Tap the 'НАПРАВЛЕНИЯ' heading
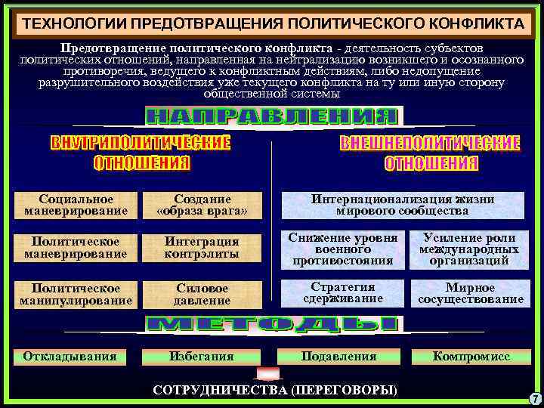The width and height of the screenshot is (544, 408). [271, 116]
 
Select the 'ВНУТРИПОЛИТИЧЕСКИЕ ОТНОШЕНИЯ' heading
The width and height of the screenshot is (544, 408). [141, 153]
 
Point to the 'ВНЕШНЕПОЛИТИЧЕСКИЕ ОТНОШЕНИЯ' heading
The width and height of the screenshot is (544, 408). [431, 153]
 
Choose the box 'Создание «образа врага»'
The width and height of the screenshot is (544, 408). [202, 205]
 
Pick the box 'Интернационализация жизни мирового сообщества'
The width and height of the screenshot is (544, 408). [403, 205]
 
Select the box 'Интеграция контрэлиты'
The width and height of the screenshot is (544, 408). [202, 247]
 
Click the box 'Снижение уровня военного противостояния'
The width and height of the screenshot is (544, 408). [343, 249]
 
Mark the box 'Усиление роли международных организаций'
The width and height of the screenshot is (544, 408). [469, 249]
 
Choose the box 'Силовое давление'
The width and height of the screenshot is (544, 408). [202, 294]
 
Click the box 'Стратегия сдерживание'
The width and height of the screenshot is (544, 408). [343, 293]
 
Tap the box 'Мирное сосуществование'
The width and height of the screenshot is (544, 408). [469, 293]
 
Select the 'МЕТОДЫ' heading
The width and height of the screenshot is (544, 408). [271, 323]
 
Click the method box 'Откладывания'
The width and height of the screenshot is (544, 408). [70, 356]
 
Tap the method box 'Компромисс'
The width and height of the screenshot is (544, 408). [471, 356]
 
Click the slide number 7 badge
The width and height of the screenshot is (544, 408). [533, 398]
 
